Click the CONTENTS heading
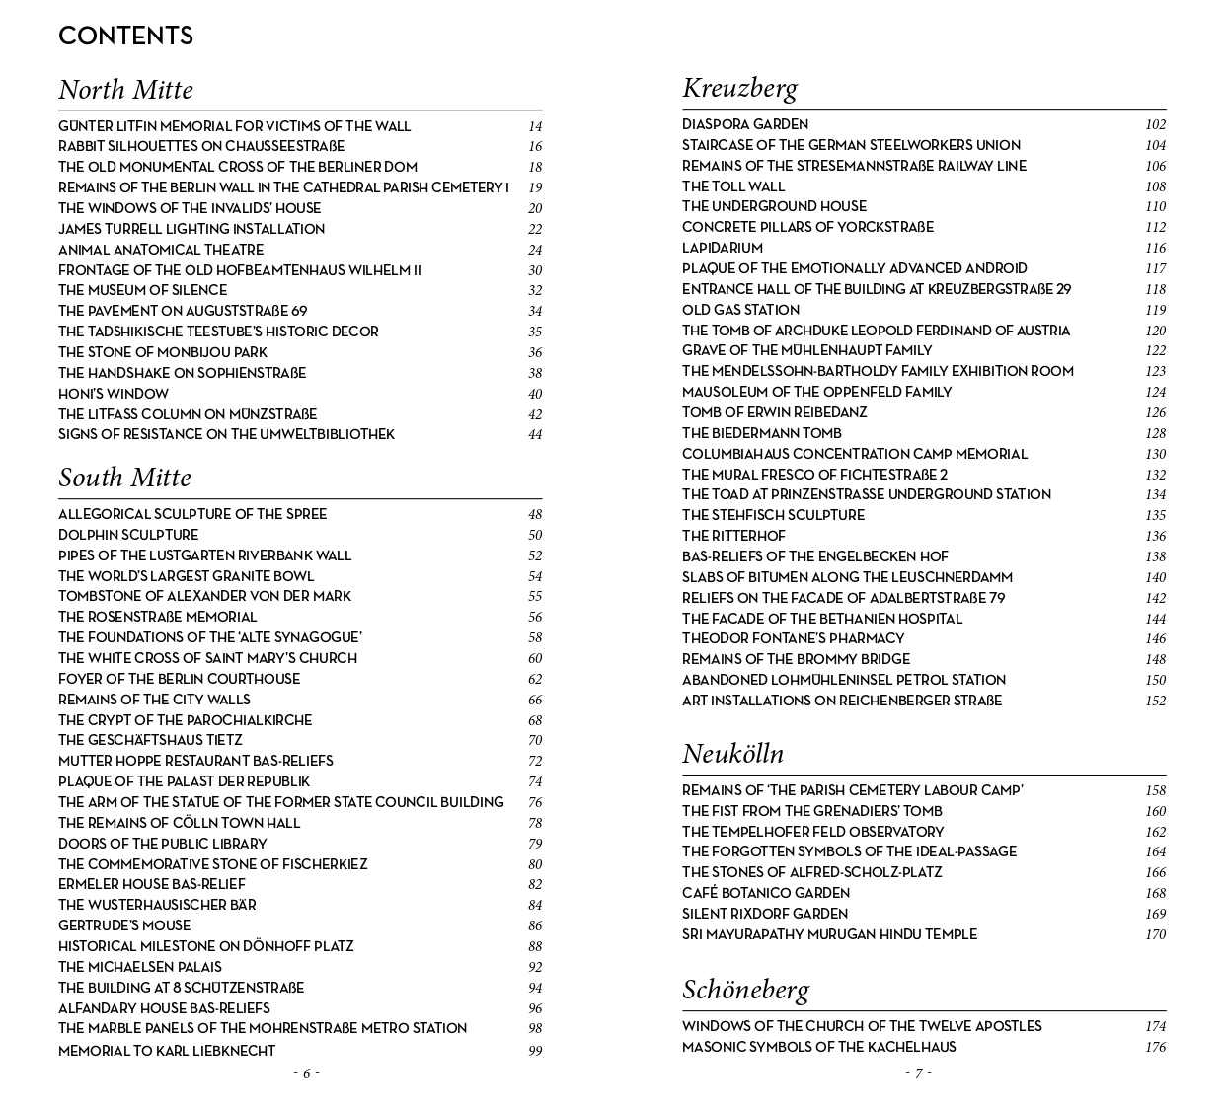point(125,37)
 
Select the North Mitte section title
point(125,90)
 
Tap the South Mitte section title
point(124,478)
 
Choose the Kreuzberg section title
point(739,88)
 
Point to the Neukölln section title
point(732,754)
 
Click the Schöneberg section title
point(745,990)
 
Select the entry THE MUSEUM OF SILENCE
point(142,290)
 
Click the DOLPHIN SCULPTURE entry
point(128,535)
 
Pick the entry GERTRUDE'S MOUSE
point(124,925)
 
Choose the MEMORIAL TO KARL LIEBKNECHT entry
point(167,1051)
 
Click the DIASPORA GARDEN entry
point(745,124)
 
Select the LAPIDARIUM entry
point(723,248)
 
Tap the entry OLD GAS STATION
point(740,310)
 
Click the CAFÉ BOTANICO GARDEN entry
point(766,893)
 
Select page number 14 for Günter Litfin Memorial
point(535,126)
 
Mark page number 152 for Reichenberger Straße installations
point(1155,701)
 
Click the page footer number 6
point(306,1073)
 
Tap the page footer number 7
point(918,1073)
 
